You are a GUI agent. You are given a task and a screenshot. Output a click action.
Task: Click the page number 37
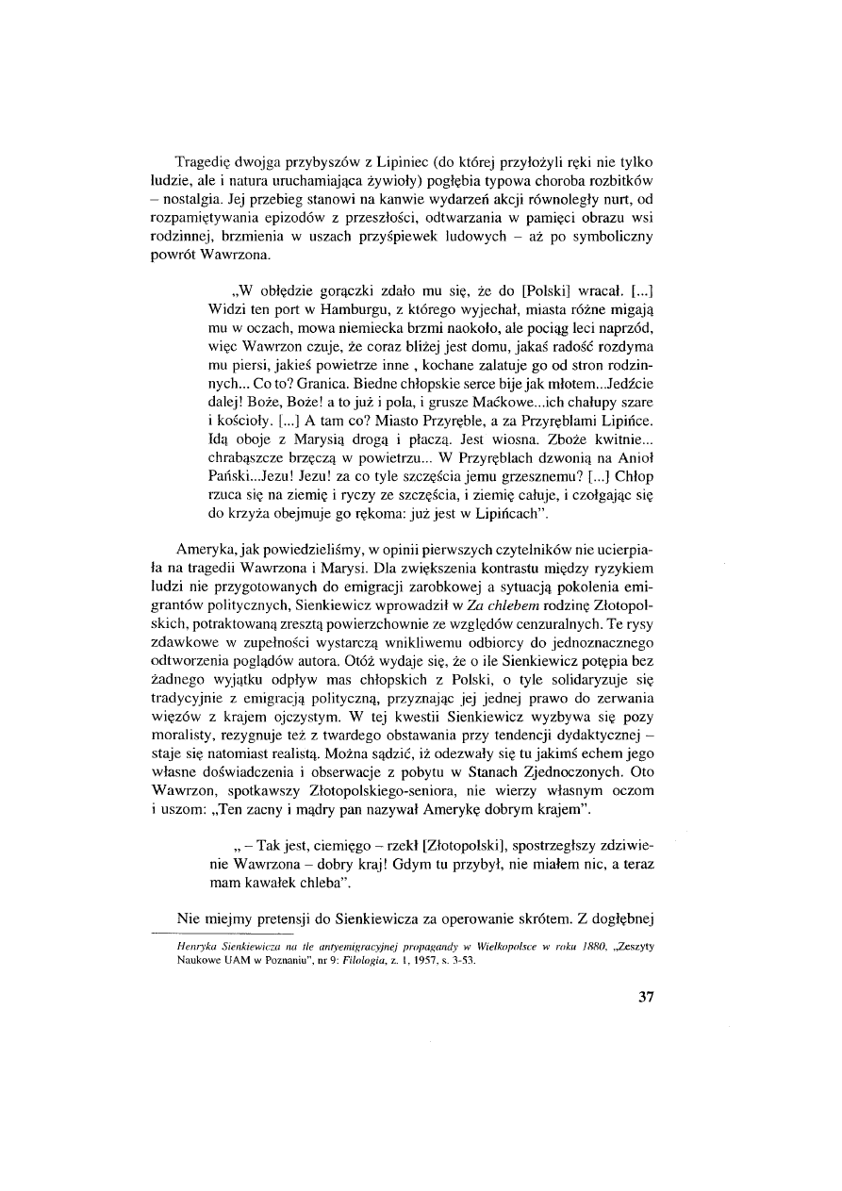[645, 997]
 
